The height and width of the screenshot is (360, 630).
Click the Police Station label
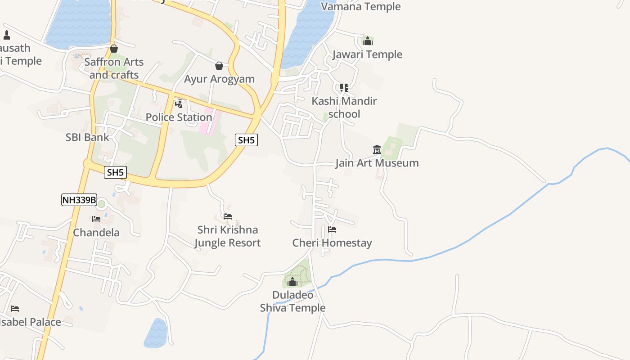[179, 117]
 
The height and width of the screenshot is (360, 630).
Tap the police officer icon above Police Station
[179, 104]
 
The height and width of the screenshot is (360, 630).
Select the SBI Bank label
[87, 137]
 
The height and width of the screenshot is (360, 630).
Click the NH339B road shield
[79, 200]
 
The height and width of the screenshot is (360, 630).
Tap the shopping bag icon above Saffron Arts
[114, 49]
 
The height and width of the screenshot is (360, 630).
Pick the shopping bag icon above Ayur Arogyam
[219, 66]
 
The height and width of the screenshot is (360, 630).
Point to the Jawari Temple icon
[368, 41]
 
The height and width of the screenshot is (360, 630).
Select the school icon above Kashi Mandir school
[344, 88]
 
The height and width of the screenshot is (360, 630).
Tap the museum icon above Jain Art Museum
[377, 149]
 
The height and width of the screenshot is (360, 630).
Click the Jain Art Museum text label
[377, 163]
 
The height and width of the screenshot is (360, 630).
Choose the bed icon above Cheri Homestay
[332, 229]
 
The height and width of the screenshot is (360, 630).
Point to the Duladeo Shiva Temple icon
[292, 282]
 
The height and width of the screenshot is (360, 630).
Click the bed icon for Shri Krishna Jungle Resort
[228, 216]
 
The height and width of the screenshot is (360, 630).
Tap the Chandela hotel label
[96, 233]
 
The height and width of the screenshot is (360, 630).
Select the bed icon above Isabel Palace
[15, 309]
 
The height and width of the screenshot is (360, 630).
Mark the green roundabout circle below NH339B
[102, 204]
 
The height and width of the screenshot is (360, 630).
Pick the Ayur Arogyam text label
[219, 79]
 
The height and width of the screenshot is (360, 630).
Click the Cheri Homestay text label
[332, 243]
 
